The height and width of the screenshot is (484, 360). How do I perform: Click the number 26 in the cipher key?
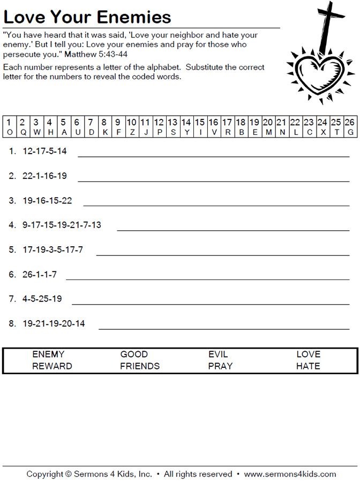click(350, 122)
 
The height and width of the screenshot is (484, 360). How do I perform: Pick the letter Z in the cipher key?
click(132, 132)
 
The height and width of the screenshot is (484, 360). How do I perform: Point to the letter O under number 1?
click(9, 132)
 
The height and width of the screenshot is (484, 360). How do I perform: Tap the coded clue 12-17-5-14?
click(44, 152)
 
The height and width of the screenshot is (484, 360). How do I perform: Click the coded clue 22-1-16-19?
click(44, 176)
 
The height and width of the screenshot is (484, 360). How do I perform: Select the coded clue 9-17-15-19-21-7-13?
click(62, 225)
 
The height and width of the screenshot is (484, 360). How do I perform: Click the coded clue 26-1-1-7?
click(40, 275)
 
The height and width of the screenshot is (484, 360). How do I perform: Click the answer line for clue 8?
click(224, 329)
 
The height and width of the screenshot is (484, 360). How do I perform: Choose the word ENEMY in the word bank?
click(48, 354)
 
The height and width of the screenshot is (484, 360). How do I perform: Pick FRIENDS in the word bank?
click(140, 366)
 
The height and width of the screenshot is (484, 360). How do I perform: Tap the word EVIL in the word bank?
click(218, 354)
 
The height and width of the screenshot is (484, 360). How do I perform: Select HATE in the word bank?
click(308, 366)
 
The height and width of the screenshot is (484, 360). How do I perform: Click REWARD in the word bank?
click(52, 366)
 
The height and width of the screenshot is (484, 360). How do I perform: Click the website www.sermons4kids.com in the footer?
click(290, 474)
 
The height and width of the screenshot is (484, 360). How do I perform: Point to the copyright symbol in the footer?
click(68, 474)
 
